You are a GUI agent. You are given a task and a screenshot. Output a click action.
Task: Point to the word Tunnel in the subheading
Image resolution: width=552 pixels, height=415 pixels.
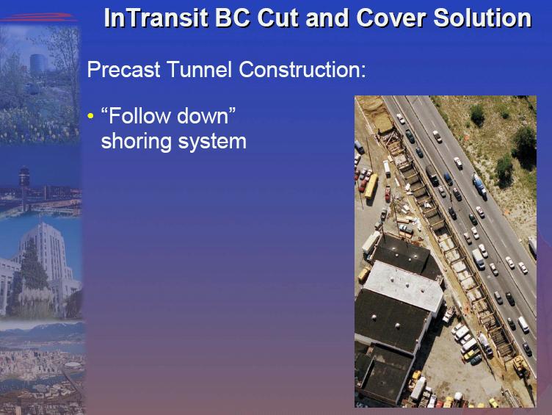[200, 69]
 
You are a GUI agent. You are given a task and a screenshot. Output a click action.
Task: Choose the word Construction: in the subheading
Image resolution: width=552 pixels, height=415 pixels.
[302, 69]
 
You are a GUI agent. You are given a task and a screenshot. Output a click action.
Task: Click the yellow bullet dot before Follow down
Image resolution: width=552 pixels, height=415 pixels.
[91, 116]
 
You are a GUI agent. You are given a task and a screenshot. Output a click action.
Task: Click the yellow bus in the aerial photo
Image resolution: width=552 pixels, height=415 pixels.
[371, 186]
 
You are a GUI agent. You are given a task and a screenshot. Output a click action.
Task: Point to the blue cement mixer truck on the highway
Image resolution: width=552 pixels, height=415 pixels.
[479, 186]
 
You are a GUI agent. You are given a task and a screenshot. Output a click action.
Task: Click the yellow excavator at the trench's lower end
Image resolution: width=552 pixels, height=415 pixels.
[520, 364]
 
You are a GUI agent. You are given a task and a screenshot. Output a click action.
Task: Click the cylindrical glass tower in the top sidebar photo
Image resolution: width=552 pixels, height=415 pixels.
[38, 64]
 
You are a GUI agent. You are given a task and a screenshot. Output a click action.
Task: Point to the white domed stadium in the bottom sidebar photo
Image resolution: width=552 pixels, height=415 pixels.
[73, 365]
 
